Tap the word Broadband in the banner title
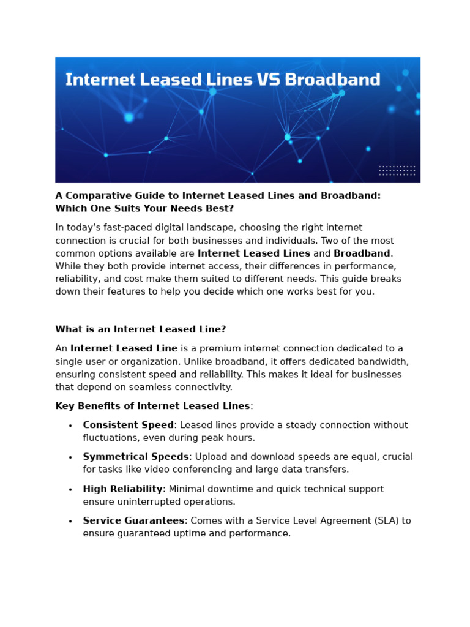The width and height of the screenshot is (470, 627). (x=333, y=80)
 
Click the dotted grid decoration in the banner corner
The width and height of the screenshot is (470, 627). (x=397, y=170)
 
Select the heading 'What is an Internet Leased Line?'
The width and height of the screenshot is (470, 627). (x=140, y=329)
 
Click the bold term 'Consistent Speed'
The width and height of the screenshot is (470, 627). (x=129, y=425)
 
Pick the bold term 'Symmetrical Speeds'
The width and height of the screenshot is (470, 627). (x=136, y=457)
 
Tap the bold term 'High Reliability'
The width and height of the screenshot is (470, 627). (x=122, y=489)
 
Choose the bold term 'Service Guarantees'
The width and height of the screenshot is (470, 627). (x=133, y=520)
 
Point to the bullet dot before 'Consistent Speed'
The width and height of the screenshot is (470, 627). (x=70, y=426)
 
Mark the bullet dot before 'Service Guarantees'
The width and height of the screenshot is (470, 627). (x=70, y=521)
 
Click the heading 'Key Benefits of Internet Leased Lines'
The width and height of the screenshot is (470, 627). (x=152, y=406)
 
